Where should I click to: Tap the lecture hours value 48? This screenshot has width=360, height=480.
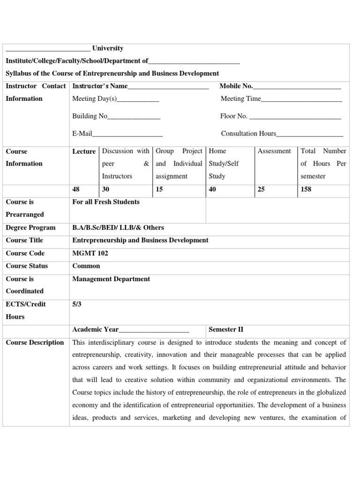click(76, 189)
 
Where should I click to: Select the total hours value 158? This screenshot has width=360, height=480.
click(306, 189)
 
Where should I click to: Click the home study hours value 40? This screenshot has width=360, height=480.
click(212, 189)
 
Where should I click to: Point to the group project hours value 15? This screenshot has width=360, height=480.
click(159, 189)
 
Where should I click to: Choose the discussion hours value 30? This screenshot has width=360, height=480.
click(106, 189)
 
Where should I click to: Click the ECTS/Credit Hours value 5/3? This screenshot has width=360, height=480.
click(77, 304)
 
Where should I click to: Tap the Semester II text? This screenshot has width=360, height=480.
click(226, 330)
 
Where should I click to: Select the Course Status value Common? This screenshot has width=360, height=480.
click(86, 266)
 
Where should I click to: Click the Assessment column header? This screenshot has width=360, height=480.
click(274, 151)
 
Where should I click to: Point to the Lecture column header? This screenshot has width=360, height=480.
click(84, 151)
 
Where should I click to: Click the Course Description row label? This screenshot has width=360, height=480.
click(35, 342)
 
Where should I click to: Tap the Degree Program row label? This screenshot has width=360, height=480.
click(30, 227)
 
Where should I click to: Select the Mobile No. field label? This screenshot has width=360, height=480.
click(236, 86)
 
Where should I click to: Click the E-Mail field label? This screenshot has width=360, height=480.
click(82, 134)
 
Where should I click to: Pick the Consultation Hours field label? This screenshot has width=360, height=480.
click(248, 134)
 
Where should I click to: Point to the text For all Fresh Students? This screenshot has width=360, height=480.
click(106, 202)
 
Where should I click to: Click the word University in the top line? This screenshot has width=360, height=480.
click(108, 48)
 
